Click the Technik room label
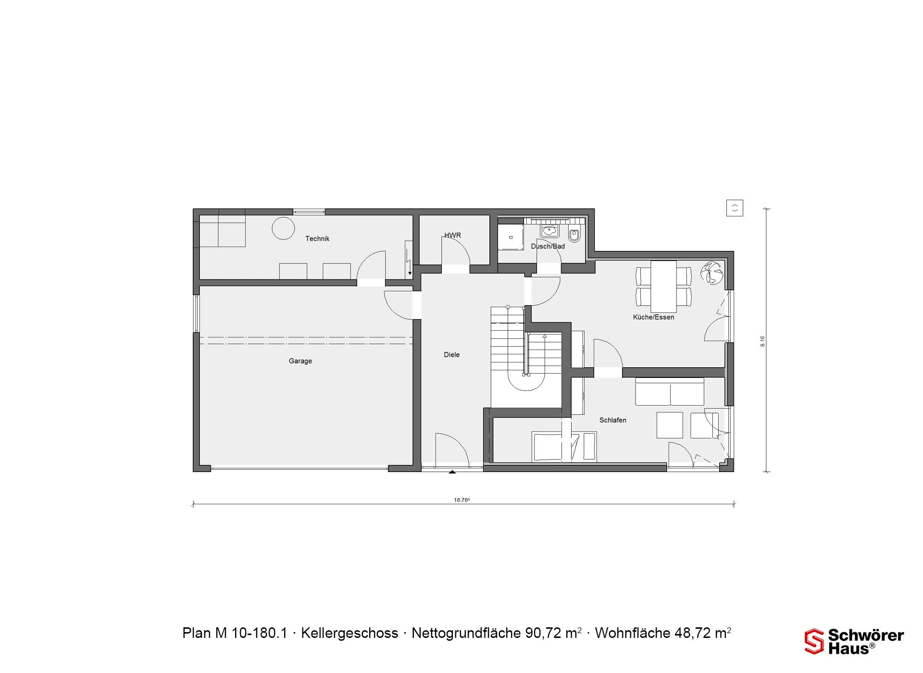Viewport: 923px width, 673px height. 317,238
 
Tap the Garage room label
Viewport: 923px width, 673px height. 300,361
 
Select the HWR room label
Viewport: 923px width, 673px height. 452,236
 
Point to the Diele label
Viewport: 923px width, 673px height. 451,355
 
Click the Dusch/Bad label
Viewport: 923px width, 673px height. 548,246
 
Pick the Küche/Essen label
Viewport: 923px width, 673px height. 653,317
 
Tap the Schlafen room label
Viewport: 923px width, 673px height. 612,420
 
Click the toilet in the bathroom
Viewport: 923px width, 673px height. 574,235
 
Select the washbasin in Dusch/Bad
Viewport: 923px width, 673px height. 549,230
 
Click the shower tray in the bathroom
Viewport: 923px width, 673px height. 511,237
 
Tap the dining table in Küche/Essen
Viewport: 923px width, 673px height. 663,286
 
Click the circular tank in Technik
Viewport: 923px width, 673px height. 283,228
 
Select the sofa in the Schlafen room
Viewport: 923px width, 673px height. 670,392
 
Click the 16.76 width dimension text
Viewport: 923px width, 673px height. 461,500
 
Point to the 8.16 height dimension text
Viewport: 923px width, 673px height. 762,341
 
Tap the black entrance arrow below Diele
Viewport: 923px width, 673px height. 452,473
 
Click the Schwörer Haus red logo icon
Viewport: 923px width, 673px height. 814,641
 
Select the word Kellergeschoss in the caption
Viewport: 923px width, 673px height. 349,633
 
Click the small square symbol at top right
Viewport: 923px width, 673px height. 735,208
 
